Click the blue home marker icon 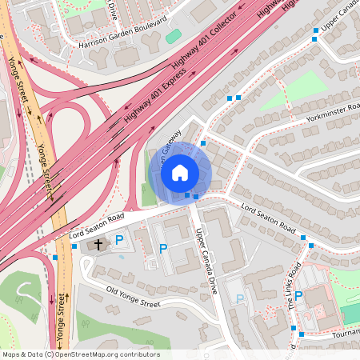(x=180, y=172)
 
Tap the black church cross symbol (x=98, y=244)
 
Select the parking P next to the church (x=120, y=240)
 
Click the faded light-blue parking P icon (x=239, y=299)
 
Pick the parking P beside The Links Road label (x=298, y=296)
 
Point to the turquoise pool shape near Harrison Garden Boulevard (x=173, y=36)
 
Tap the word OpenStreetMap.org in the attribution (x=101, y=354)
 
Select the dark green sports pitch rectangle (x=350, y=314)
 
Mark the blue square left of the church (x=54, y=258)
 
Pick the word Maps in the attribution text (x=11, y=354)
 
